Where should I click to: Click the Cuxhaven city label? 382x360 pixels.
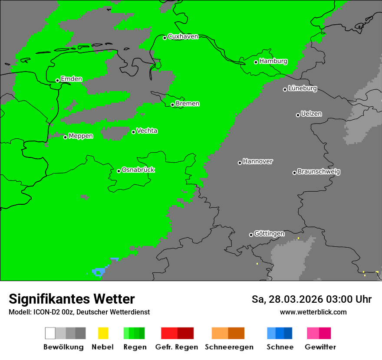183,36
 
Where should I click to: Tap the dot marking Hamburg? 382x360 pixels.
256,62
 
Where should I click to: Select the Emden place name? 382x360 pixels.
71,79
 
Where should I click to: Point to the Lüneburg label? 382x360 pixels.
303,88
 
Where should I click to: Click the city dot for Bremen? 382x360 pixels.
172,105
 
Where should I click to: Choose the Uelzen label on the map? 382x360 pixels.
311,114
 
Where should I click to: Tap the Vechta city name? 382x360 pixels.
147,131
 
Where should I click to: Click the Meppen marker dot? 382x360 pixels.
66,137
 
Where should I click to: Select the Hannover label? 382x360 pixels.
258,161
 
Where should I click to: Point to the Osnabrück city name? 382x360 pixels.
138,170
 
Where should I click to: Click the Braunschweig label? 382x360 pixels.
319,172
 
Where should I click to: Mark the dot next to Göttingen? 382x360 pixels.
251,235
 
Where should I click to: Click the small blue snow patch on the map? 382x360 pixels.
99,272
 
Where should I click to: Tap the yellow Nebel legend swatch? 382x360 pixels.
103,333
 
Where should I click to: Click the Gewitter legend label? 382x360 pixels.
320,347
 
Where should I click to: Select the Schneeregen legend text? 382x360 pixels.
229,347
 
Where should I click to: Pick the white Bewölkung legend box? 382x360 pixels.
50,333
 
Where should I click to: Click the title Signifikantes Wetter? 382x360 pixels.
72,299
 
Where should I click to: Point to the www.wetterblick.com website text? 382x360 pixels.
313,312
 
